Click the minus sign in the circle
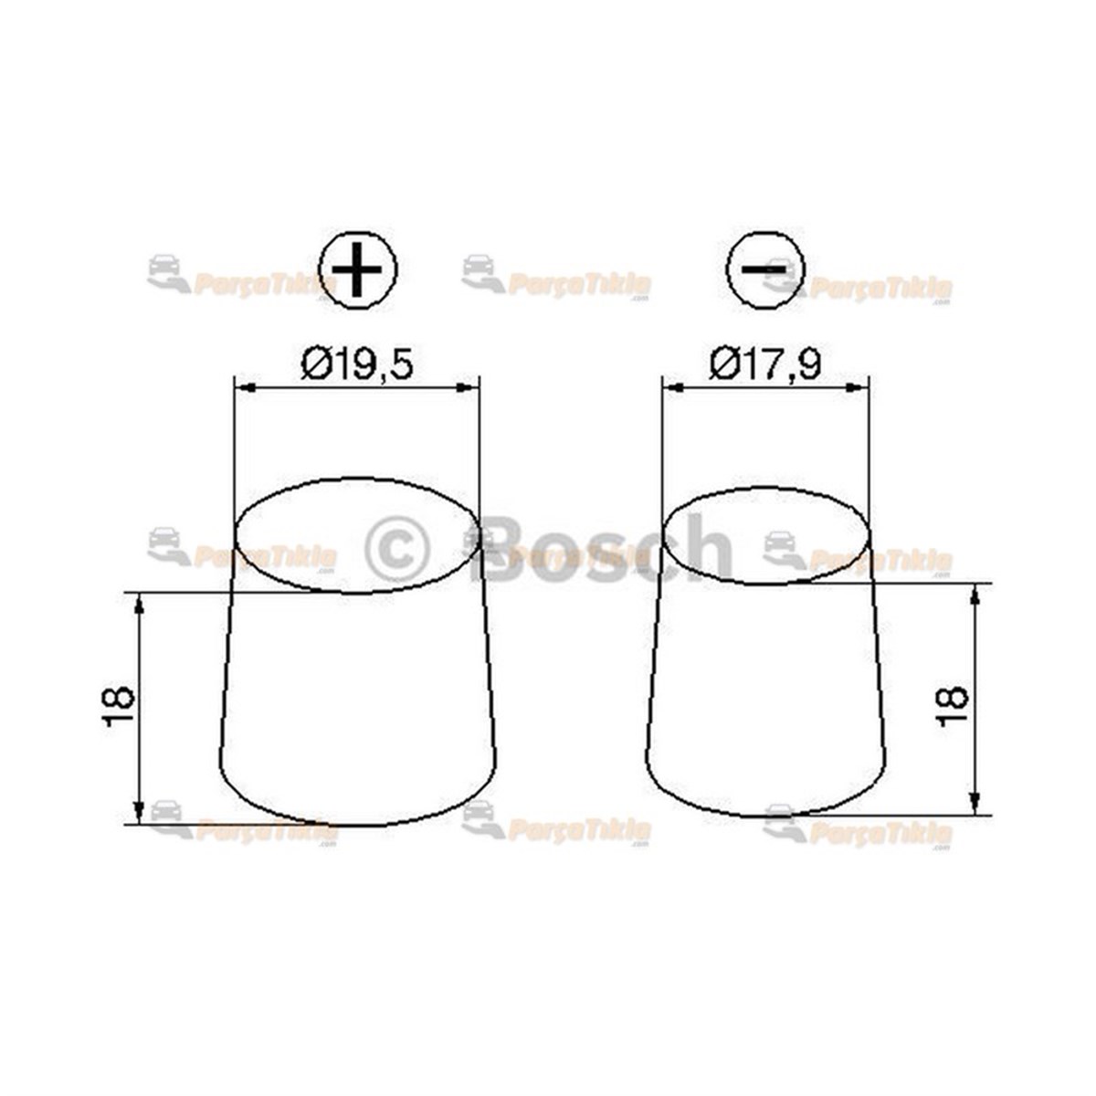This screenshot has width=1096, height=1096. point(764,269)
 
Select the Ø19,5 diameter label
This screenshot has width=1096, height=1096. point(358,365)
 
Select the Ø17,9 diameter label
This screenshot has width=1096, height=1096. point(765,364)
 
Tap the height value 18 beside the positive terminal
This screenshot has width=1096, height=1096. point(119,706)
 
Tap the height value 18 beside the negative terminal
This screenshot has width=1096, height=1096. point(952,704)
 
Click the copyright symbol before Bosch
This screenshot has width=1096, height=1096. point(397,549)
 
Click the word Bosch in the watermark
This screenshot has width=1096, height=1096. point(606,549)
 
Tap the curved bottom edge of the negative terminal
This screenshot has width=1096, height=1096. point(765,815)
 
